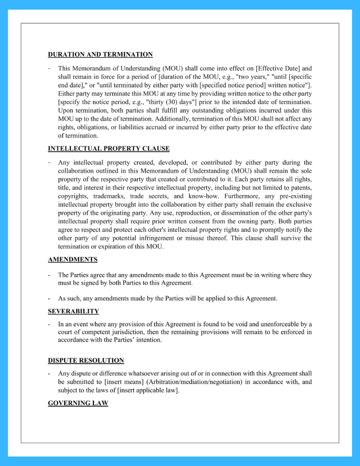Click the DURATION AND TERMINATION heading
point(100,54)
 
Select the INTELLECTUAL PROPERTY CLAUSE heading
point(109,148)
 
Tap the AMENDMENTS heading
point(73,259)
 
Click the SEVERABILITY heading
point(73,311)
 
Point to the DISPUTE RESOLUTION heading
point(86,360)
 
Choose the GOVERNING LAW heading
point(78,403)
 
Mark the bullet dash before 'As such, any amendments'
point(50,299)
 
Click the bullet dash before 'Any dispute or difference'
point(50,374)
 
